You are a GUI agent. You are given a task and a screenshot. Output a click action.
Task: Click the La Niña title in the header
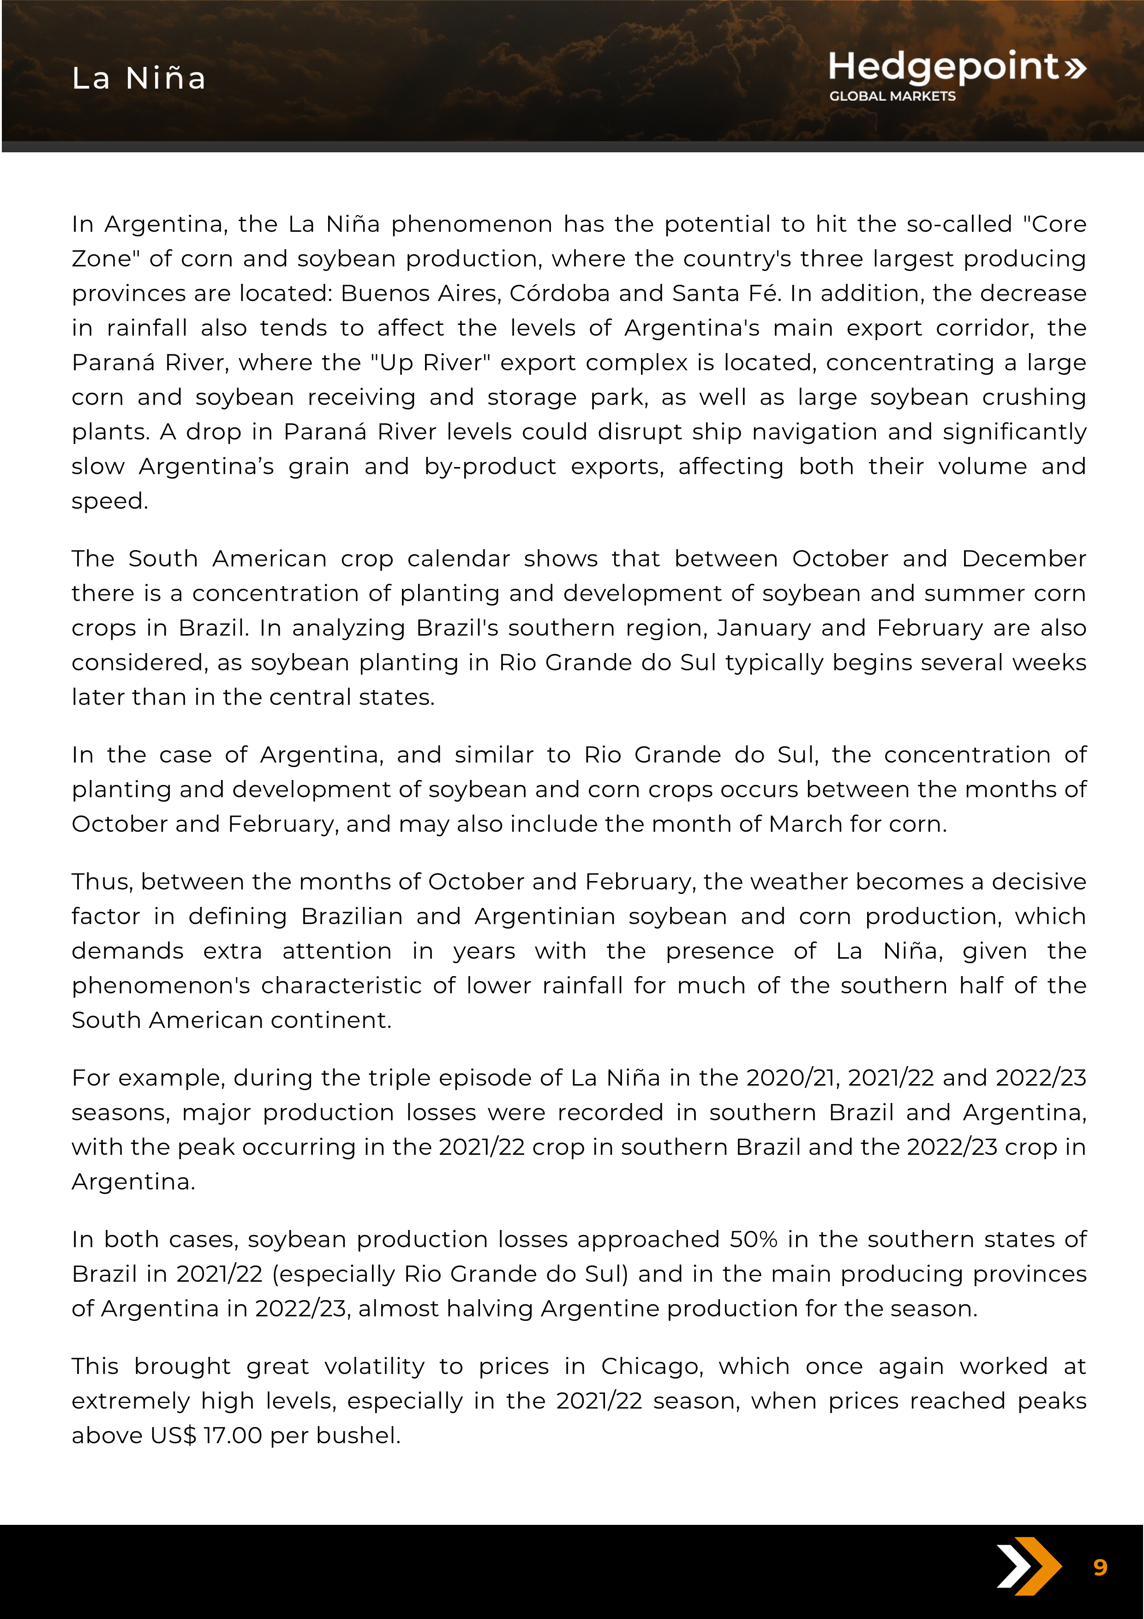139,78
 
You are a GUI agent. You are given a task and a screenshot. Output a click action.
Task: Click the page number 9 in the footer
1100,1567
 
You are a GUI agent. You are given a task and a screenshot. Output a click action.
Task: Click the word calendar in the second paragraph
458,559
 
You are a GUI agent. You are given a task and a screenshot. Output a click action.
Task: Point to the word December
1024,559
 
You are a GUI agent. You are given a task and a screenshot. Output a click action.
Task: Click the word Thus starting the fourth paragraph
102,882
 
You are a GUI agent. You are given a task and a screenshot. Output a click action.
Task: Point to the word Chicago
652,1367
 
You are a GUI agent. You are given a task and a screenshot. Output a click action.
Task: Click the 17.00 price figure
232,1436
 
